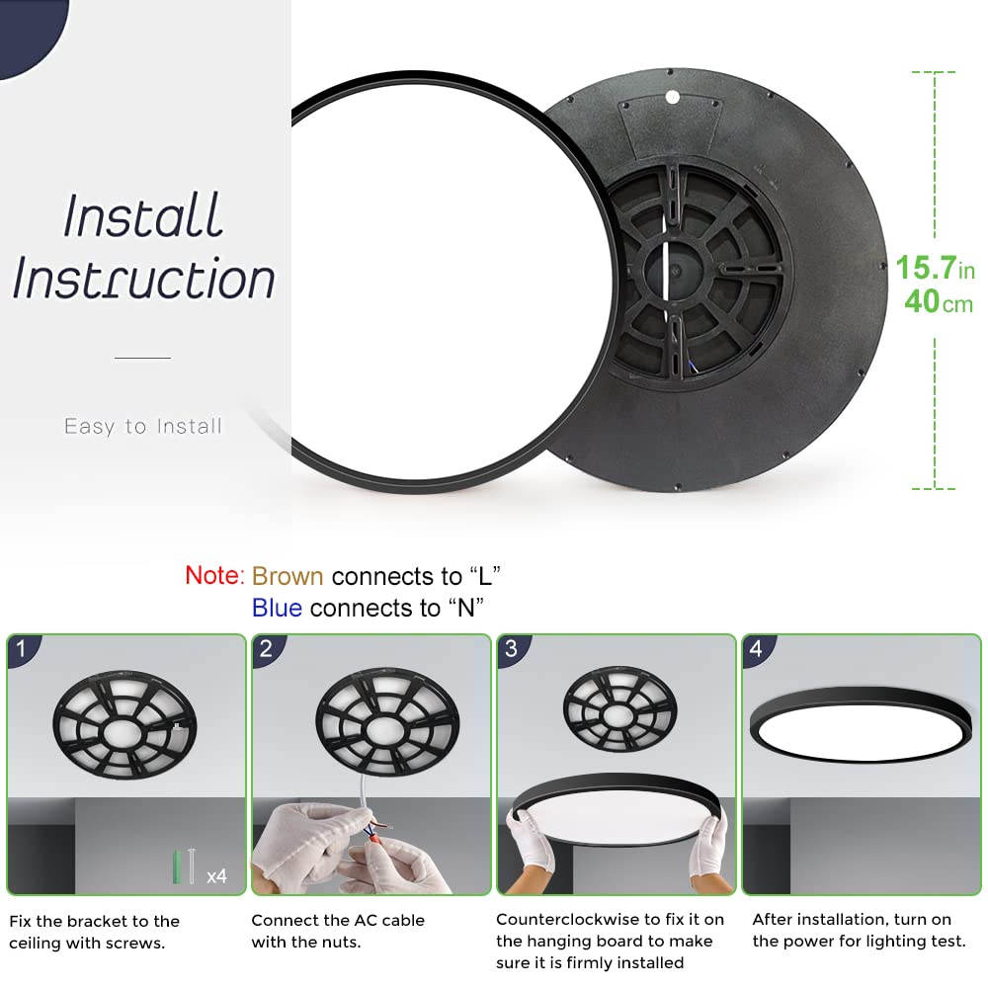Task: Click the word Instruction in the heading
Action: (x=143, y=279)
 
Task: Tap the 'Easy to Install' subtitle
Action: (x=143, y=427)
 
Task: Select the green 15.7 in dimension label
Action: (x=935, y=269)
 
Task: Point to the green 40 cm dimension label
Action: (x=938, y=302)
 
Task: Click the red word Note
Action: (x=213, y=576)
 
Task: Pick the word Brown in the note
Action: (x=288, y=576)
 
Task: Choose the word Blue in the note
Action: (x=277, y=608)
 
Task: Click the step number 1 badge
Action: (x=23, y=649)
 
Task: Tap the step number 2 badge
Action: (x=267, y=649)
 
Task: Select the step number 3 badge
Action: (x=511, y=649)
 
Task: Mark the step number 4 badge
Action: (x=756, y=649)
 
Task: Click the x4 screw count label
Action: (x=216, y=875)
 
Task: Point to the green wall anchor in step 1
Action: (x=179, y=866)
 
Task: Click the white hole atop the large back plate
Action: (x=673, y=97)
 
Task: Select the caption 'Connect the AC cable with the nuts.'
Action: (x=338, y=932)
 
